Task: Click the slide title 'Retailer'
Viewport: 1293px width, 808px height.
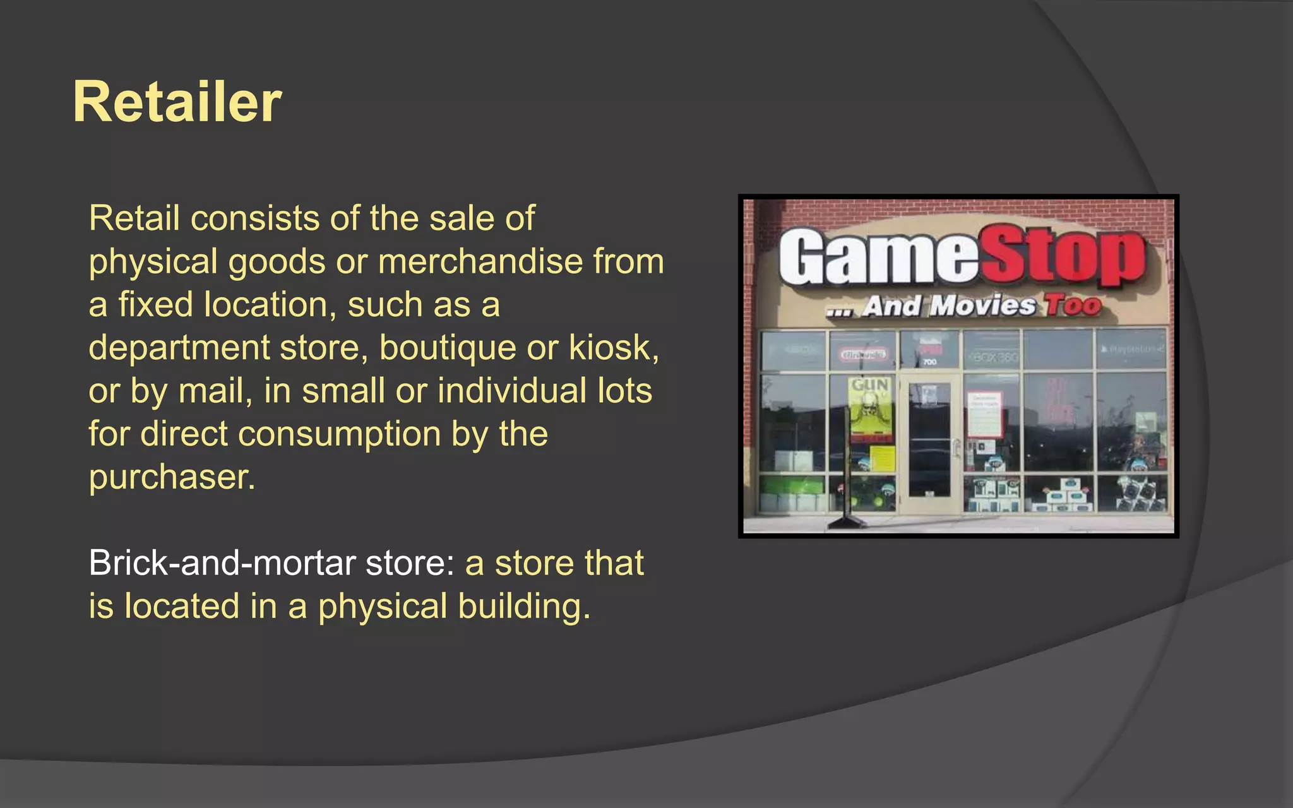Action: point(177,102)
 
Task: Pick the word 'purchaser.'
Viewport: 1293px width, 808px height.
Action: point(172,477)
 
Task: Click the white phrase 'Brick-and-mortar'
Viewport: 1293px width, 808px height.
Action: point(221,563)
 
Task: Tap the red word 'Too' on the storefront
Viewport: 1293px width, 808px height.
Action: point(1073,306)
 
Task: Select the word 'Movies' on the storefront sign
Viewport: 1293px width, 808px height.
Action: point(983,306)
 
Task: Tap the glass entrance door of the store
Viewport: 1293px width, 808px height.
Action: point(929,442)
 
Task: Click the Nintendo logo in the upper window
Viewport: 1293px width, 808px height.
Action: point(862,355)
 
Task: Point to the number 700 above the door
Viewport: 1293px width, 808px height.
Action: point(929,362)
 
